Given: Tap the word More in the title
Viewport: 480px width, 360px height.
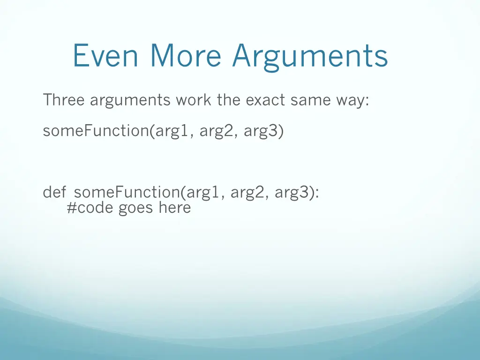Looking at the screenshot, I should [x=186, y=55].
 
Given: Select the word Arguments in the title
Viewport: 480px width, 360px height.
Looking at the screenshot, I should [x=310, y=56].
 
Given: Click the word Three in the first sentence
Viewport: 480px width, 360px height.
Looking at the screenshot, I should [x=63, y=100].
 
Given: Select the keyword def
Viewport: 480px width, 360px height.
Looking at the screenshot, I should [x=54, y=192].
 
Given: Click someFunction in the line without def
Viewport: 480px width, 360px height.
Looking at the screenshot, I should [x=96, y=131].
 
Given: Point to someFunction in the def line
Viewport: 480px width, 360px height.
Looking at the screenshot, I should [x=127, y=192].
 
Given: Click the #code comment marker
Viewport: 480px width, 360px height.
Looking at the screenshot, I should [x=90, y=208].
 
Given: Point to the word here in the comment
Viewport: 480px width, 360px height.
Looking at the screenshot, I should [x=174, y=208].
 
